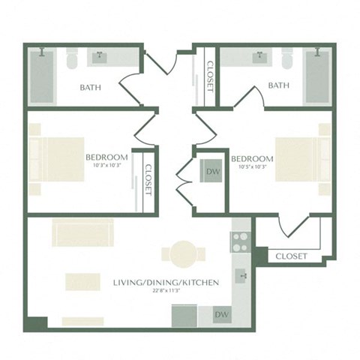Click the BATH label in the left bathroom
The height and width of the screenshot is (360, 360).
pyautogui.click(x=91, y=87)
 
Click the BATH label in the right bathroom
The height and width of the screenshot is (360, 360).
pyautogui.click(x=278, y=85)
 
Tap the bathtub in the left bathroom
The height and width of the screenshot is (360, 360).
pyautogui.click(x=41, y=78)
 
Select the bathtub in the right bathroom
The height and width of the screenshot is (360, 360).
pyautogui.click(x=318, y=77)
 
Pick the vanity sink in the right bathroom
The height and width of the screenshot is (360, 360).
pyautogui.click(x=262, y=58)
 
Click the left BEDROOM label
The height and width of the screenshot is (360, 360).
pyautogui.click(x=107, y=157)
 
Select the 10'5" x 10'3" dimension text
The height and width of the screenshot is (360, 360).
pyautogui.click(x=251, y=168)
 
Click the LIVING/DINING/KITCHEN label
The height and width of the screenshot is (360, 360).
pyautogui.click(x=166, y=283)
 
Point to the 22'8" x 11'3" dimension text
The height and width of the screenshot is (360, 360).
pyautogui.click(x=166, y=292)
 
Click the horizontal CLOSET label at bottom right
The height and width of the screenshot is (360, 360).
pyautogui.click(x=291, y=256)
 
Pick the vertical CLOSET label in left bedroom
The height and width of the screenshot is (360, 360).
pyautogui.click(x=148, y=179)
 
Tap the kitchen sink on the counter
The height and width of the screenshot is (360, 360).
pyautogui.click(x=241, y=274)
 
